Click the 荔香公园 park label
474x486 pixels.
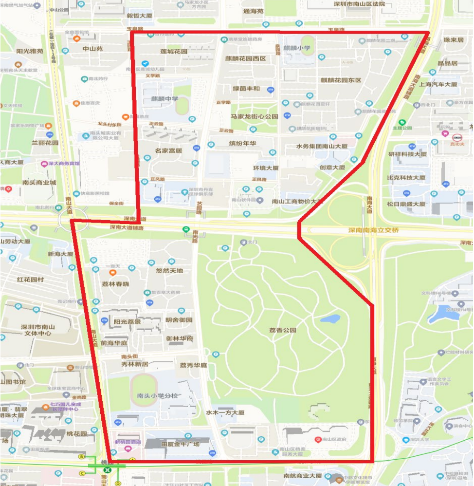(283, 330)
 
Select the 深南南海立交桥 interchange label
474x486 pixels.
(373, 230)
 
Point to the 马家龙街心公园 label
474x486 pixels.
(255, 116)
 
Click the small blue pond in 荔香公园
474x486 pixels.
(330, 319)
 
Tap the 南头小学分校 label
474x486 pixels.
(158, 395)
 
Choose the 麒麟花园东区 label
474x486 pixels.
(341, 80)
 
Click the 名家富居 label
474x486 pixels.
(168, 150)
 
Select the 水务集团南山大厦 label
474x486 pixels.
(322, 146)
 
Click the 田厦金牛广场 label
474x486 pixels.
(181, 444)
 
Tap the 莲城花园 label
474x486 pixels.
(174, 51)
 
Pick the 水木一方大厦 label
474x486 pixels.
(224, 412)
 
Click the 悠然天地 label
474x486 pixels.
(169, 270)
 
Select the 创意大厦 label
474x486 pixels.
(332, 167)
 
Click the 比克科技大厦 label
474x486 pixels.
(406, 178)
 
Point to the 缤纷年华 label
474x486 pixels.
(242, 143)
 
